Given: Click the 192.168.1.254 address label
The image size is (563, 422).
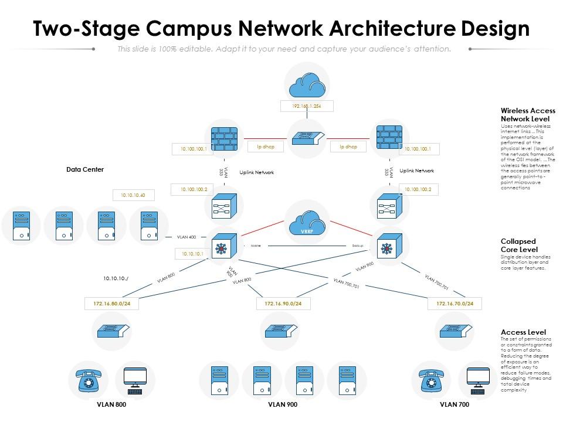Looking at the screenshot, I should coord(306,106).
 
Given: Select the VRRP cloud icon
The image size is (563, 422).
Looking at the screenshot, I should coord(307,223).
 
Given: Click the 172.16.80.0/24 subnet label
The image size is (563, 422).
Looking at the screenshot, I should coord(111,304).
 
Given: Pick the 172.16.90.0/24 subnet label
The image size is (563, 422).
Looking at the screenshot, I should coord(283,304).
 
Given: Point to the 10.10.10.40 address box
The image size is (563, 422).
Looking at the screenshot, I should coord(133,195).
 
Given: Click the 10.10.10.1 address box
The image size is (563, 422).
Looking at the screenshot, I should coord(192,254).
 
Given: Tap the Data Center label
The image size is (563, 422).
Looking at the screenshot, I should coord(85,169).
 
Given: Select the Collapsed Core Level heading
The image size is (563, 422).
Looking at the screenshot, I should coord(518,245).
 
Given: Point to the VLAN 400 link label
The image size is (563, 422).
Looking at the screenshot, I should coord(187,237).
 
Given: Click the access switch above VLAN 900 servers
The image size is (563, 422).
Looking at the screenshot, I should coord(283,331).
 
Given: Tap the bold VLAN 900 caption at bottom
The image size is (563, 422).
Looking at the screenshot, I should coord(283,404).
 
